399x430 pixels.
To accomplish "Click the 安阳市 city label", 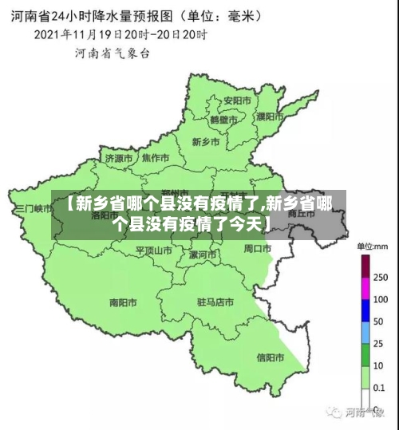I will click(x=237, y=101).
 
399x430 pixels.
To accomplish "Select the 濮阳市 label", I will click(x=270, y=116).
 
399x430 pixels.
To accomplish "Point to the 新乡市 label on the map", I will click(x=206, y=141).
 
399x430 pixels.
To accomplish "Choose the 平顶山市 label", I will click(x=154, y=250).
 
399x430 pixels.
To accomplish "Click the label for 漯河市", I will click(x=203, y=254).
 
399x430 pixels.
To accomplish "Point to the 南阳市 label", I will click(x=123, y=303).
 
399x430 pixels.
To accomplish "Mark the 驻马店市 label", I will click(x=215, y=303).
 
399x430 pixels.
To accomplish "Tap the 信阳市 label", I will click(x=270, y=357).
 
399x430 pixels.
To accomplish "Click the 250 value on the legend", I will click(x=381, y=278).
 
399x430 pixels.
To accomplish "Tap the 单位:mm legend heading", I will click(x=371, y=246).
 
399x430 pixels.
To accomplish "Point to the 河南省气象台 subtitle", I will click(x=112, y=53).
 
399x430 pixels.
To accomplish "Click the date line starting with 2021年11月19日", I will click(x=120, y=35).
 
